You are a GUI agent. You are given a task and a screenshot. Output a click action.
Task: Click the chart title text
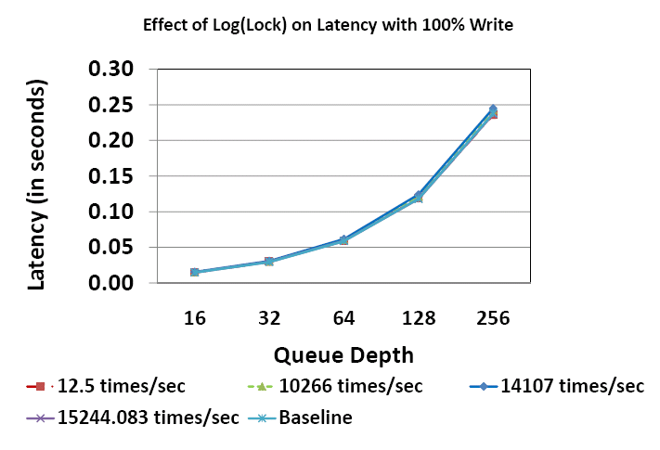pos(328,25)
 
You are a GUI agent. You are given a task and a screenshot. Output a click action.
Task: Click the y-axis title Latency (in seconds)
pos(38,185)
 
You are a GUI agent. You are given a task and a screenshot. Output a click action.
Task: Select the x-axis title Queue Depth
pos(343,354)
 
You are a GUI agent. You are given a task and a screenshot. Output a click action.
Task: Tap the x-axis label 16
pos(195,318)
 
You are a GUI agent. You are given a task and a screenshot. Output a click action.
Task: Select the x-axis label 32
pos(269,318)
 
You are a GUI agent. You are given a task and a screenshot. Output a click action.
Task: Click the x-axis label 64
pos(343,318)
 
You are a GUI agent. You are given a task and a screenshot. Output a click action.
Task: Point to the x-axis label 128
pos(418,318)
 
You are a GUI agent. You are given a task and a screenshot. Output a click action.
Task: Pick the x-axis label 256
pos(493,318)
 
